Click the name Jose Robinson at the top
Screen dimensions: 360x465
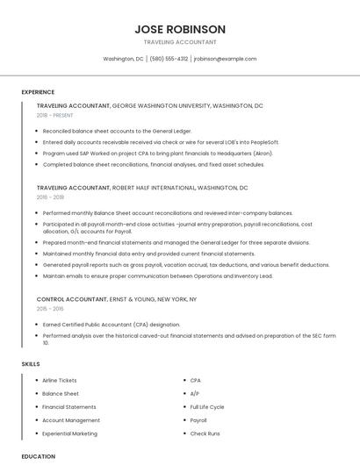(x=180, y=29)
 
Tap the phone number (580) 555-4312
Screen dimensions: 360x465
(x=169, y=59)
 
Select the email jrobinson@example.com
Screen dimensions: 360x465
(x=225, y=59)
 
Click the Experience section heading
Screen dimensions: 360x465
(x=38, y=92)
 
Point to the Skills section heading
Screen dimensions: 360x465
(x=31, y=363)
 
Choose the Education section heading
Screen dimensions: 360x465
(x=39, y=456)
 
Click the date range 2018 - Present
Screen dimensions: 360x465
(x=56, y=115)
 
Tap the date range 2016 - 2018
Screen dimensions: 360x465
(x=50, y=197)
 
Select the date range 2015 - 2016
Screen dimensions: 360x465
(x=50, y=309)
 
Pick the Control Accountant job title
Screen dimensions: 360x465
(x=74, y=299)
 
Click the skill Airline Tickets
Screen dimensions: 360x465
(x=60, y=381)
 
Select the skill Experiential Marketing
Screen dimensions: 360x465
(x=69, y=433)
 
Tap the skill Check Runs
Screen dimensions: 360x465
(x=205, y=433)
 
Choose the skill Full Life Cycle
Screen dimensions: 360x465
(x=207, y=407)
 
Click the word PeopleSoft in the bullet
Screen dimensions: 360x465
(x=261, y=141)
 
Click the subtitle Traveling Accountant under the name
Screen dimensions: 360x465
(x=180, y=42)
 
